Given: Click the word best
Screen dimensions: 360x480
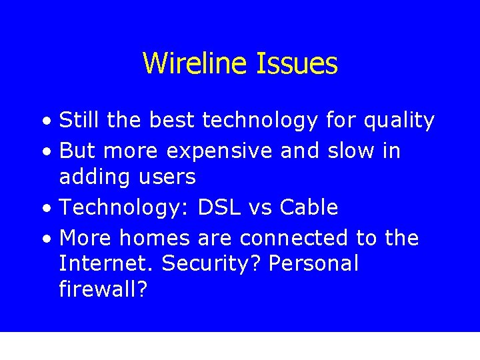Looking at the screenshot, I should tap(173, 121).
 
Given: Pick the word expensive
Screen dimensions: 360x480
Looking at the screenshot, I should tap(219, 152).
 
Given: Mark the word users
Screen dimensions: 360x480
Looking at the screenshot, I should tap(171, 177).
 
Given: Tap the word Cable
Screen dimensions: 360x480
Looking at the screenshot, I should tap(309, 207).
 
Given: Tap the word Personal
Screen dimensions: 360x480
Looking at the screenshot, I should tap(315, 264).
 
